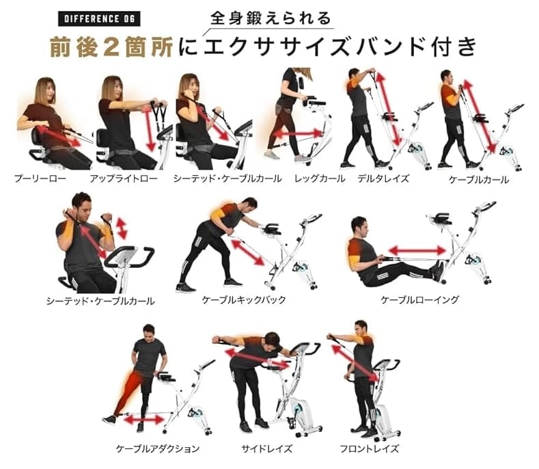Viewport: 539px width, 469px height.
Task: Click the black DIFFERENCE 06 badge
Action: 99,18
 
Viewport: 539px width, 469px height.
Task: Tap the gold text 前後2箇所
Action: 111,47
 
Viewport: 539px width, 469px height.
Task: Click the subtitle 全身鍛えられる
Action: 271,18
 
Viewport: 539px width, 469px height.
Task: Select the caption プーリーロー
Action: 40,178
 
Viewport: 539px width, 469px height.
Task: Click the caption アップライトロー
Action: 124,178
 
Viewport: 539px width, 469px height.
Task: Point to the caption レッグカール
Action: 320,178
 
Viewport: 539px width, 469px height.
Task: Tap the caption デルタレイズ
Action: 383,178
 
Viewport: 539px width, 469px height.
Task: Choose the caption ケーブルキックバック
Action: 244,300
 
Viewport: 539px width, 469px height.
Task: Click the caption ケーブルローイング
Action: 419,300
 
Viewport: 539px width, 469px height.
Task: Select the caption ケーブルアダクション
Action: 157,448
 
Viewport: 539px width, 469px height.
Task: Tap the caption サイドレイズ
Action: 266,448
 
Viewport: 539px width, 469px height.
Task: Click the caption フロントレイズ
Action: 370,448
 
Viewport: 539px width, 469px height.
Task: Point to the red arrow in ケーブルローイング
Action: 417,250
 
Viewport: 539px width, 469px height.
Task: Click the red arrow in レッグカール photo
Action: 298,133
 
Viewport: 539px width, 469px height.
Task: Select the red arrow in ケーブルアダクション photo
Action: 144,420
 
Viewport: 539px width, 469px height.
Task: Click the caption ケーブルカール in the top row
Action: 478,180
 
